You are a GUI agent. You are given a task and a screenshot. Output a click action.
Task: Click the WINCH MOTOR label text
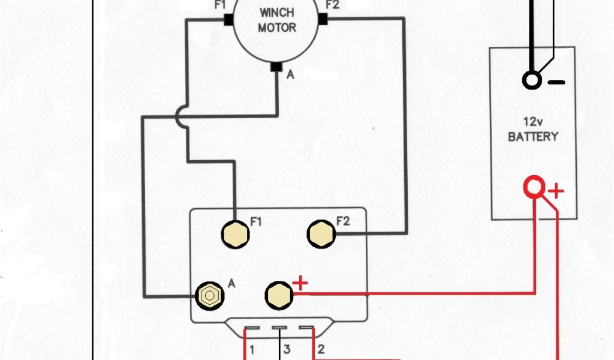click(277, 20)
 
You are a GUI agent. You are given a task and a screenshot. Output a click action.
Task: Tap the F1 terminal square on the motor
click(228, 19)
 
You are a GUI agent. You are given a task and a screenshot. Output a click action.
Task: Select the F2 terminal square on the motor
click(323, 19)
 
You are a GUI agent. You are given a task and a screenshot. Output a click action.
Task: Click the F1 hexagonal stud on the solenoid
click(235, 233)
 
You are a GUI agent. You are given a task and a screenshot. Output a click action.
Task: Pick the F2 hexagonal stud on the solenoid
click(321, 233)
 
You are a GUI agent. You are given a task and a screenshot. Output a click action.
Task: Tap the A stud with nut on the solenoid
click(209, 295)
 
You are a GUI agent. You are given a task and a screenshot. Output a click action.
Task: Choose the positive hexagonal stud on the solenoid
click(278, 293)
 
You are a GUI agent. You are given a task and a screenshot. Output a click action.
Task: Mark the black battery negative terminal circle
click(532, 80)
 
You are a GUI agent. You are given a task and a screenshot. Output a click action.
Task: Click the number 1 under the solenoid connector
click(253, 349)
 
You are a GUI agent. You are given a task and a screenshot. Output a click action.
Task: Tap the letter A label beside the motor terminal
click(290, 75)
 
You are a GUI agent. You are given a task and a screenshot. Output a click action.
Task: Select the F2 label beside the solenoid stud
click(343, 221)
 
